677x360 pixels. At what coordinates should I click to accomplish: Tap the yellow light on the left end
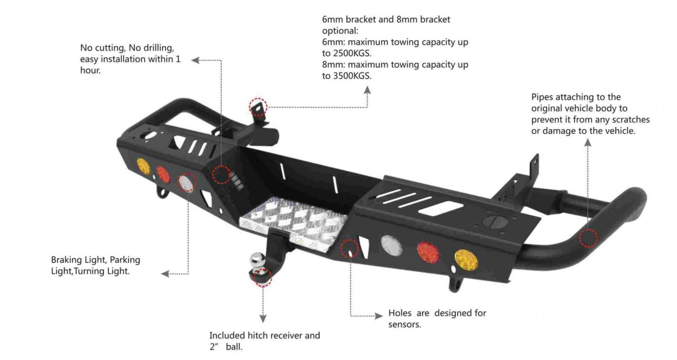click(x=143, y=166)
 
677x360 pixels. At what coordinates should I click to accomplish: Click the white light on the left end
click(x=186, y=183)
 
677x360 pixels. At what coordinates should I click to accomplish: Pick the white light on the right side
click(x=392, y=245)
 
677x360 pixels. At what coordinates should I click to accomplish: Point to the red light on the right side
click(x=428, y=253)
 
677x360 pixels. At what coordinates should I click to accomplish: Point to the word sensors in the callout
click(x=404, y=324)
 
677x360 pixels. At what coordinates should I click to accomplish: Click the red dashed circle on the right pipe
click(x=588, y=238)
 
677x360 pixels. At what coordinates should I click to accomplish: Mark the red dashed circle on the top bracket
click(x=258, y=107)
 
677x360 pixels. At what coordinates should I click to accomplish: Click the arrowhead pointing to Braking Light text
click(x=165, y=274)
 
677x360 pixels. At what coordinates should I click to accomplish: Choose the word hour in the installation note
click(x=90, y=71)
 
